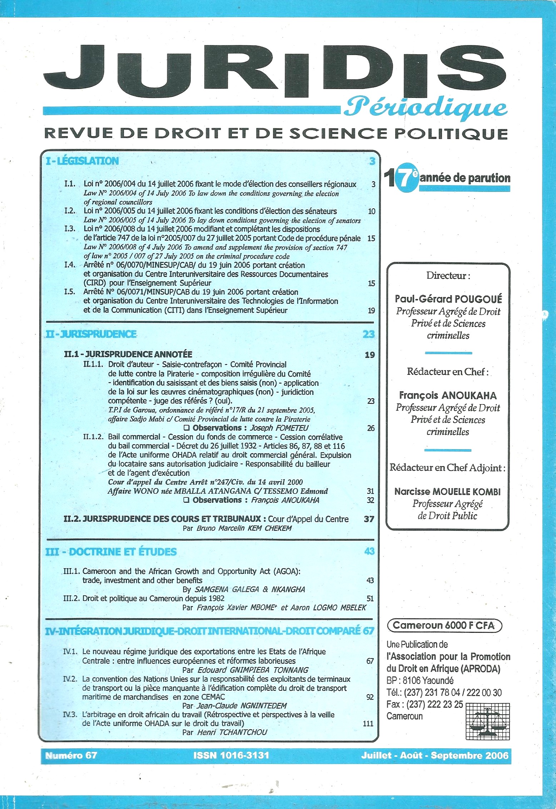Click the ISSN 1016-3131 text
[231, 755]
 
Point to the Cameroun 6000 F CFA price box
[445, 625]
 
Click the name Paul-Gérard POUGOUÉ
[448, 299]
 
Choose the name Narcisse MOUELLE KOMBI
[447, 492]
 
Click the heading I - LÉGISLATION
[82, 161]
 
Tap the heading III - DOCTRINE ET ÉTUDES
[111, 552]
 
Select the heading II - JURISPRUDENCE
[91, 334]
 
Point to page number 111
[368, 724]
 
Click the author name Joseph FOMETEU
[279, 428]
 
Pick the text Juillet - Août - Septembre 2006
[434, 755]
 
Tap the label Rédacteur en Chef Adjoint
[447, 468]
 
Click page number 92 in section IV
[370, 697]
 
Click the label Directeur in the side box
[448, 276]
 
